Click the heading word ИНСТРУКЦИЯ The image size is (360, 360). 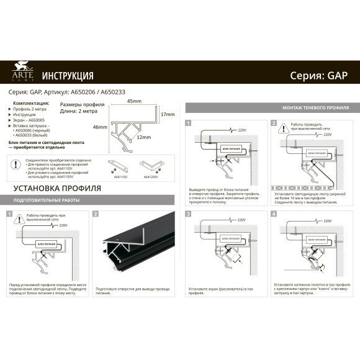tap(68, 76)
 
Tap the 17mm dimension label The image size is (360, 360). tap(168, 115)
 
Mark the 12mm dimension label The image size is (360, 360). tap(144, 137)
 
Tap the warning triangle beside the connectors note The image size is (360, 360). tap(15, 165)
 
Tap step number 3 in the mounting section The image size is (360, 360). tap(188, 214)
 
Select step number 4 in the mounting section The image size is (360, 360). tap(273, 214)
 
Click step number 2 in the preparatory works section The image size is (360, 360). tap(96, 214)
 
